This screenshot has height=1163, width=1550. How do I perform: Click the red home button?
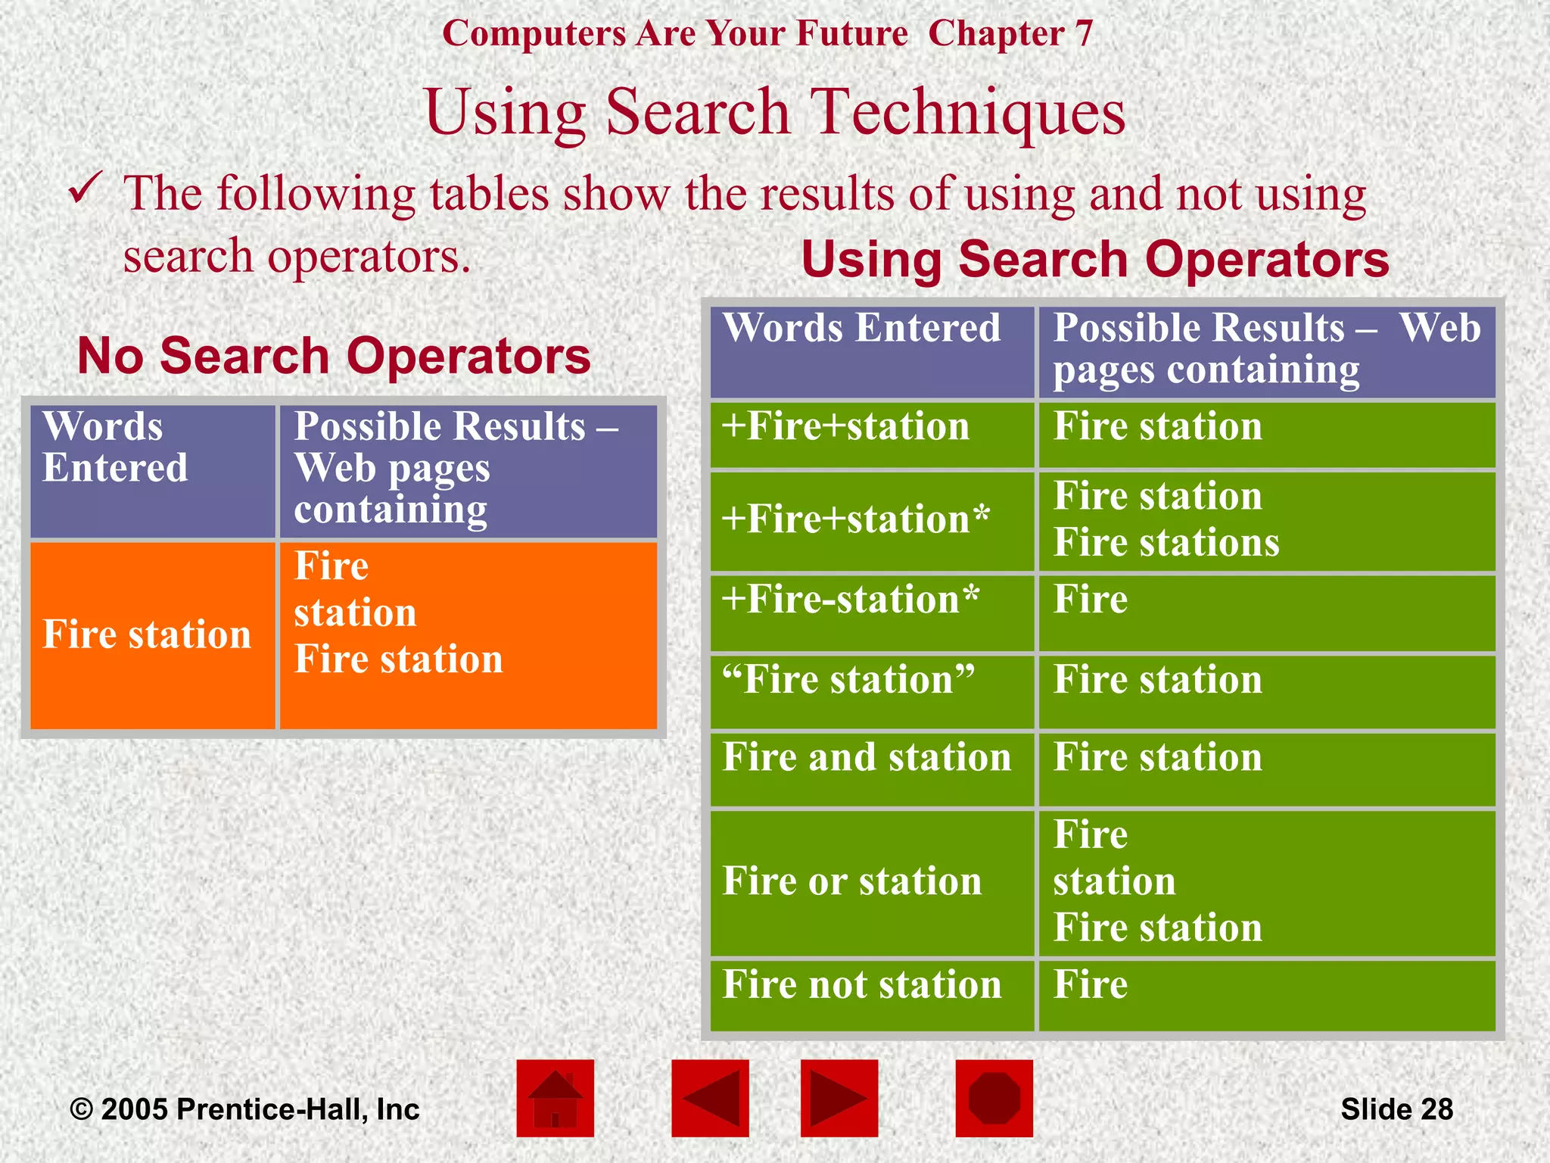click(555, 1098)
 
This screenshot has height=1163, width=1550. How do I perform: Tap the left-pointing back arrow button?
click(710, 1098)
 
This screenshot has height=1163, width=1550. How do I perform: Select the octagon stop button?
click(994, 1098)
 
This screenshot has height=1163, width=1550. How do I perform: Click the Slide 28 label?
click(1396, 1109)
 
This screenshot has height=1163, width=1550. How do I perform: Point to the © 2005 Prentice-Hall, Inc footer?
click(244, 1109)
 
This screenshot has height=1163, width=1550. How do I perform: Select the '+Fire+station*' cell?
click(855, 520)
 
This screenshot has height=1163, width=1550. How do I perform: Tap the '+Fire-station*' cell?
click(850, 600)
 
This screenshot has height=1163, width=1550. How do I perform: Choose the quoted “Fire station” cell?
click(848, 679)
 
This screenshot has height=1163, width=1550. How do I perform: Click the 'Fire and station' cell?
click(867, 757)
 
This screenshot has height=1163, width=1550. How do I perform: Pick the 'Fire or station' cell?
click(851, 881)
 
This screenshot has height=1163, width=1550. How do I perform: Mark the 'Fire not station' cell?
click(861, 984)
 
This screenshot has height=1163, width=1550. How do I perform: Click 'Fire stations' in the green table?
click(1166, 543)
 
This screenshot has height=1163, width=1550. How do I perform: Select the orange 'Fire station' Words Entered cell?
click(147, 635)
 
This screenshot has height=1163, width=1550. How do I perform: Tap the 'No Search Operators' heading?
click(334, 355)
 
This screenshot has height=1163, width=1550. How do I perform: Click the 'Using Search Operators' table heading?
click(1095, 259)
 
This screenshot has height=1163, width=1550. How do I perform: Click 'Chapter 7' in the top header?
click(1010, 33)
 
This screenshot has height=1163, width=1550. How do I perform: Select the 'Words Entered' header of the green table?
click(861, 329)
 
